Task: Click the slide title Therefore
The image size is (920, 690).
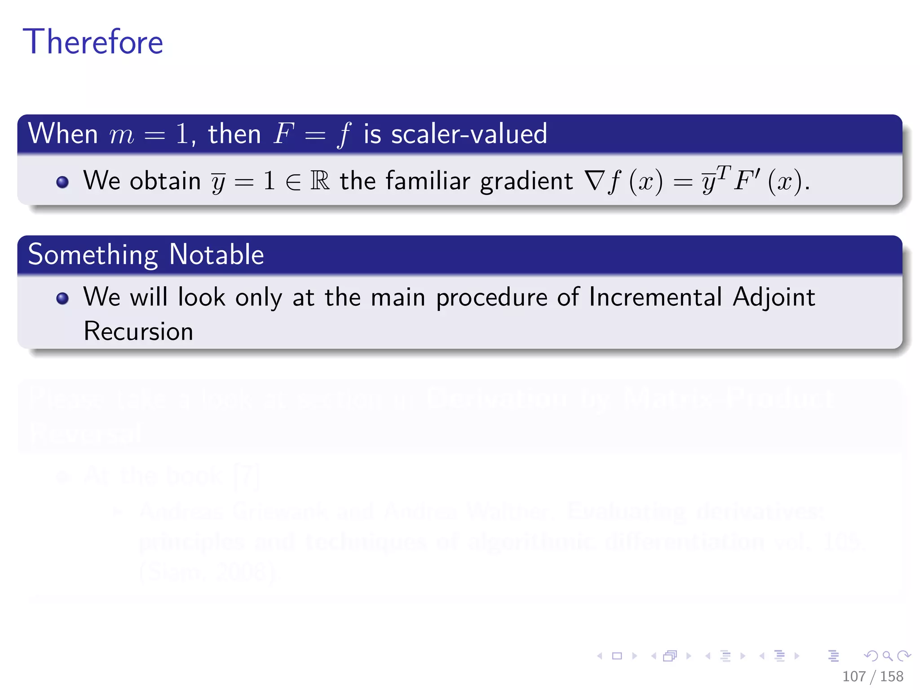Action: point(93,42)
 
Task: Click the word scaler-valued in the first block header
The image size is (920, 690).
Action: point(469,133)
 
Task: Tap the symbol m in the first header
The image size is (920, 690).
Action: point(121,134)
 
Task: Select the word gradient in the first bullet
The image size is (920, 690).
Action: point(526,181)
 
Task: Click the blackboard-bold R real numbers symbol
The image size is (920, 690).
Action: point(320,181)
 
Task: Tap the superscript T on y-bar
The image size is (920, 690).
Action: point(723,171)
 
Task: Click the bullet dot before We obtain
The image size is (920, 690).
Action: point(62,181)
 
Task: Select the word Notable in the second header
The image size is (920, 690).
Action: point(217,254)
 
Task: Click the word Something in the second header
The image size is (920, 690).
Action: point(93,254)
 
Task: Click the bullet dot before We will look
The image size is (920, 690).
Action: point(62,298)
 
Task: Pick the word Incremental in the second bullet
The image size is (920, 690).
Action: point(655,297)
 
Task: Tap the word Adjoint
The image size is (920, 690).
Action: point(774,297)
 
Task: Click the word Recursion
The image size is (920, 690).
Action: point(138,332)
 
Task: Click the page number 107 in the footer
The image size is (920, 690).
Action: point(854,676)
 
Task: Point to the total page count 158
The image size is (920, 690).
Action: point(891,676)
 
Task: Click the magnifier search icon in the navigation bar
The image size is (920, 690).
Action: point(887,656)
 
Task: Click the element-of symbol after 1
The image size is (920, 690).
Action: point(293,181)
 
